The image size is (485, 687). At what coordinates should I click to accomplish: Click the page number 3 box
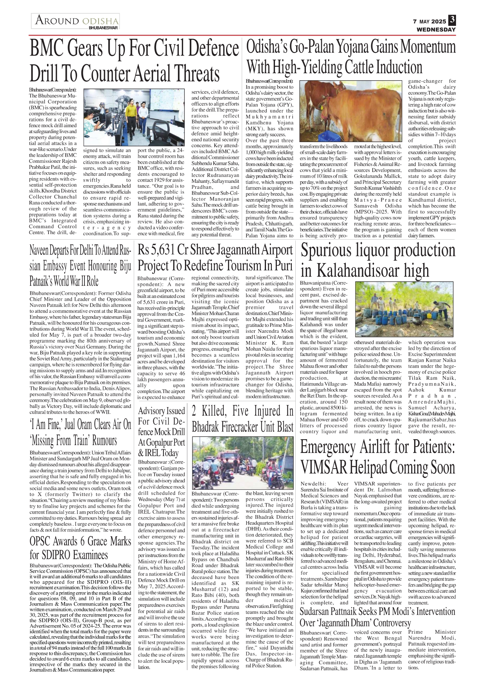pos(452,20)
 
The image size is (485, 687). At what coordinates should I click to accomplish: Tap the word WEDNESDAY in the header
pos(436,29)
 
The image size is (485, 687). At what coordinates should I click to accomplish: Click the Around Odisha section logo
pos(76,21)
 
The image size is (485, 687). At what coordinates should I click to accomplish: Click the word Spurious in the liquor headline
pos(326,251)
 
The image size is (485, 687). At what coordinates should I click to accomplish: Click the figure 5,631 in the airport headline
pos(165,250)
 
